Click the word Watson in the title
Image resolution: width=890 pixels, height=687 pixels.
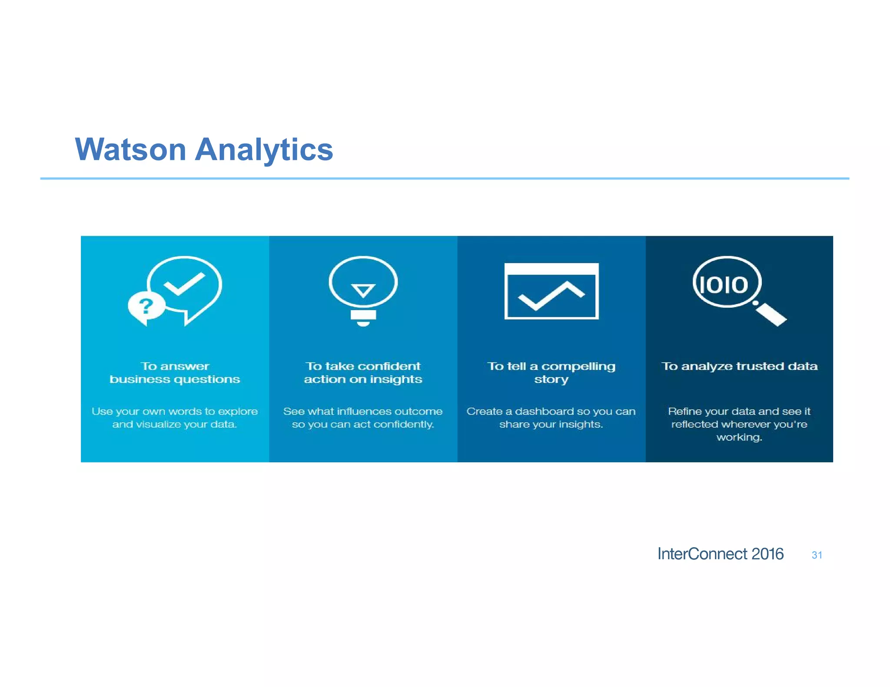(131, 150)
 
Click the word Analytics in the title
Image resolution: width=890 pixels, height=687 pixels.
(264, 150)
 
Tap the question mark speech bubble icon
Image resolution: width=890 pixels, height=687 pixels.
(146, 307)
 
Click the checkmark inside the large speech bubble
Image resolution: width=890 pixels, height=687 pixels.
(184, 284)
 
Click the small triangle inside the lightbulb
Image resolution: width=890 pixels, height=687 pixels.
(363, 290)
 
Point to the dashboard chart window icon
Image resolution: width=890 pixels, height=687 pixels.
(551, 291)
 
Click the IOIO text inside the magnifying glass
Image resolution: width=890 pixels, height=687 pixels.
(724, 285)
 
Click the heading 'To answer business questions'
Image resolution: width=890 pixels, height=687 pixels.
(175, 373)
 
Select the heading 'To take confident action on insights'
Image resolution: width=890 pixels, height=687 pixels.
(363, 373)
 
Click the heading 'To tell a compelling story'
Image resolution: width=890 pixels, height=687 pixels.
(551, 373)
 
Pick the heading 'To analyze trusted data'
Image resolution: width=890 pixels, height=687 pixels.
(739, 367)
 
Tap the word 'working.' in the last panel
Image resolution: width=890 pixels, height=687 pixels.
(739, 437)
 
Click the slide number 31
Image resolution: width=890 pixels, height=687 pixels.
(817, 555)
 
